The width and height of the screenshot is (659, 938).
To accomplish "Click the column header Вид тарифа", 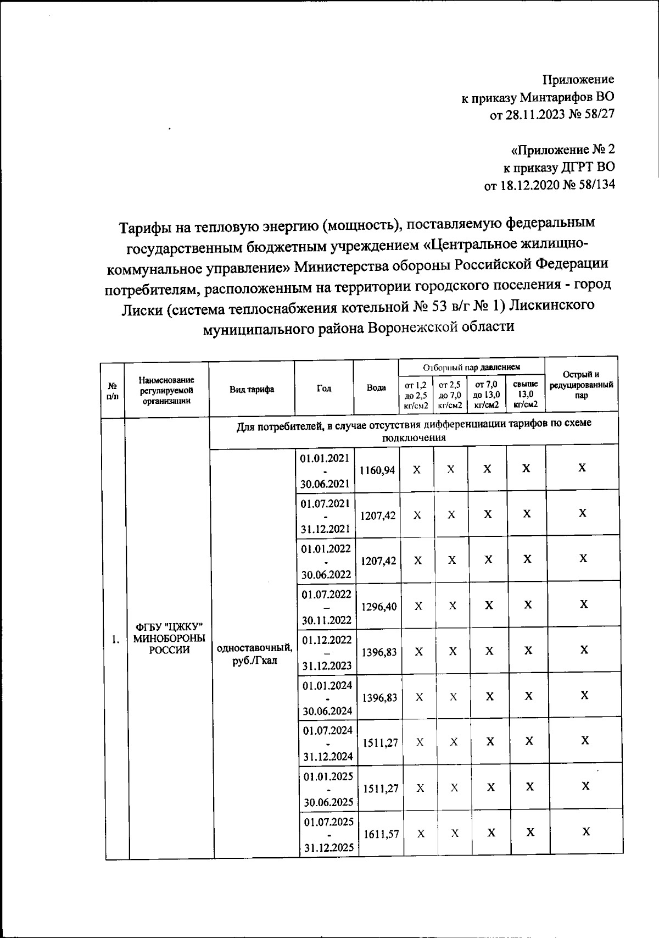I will click(252, 390).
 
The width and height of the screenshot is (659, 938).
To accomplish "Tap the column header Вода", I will click(376, 388).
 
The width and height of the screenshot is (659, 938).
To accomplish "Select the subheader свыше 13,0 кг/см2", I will click(525, 395).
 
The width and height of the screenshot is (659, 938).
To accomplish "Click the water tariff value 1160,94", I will click(377, 470).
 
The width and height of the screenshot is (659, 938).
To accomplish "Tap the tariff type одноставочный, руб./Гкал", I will click(255, 654).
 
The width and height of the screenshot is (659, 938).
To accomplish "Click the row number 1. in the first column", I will click(115, 639).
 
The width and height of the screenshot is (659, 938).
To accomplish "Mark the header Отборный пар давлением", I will click(471, 367).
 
